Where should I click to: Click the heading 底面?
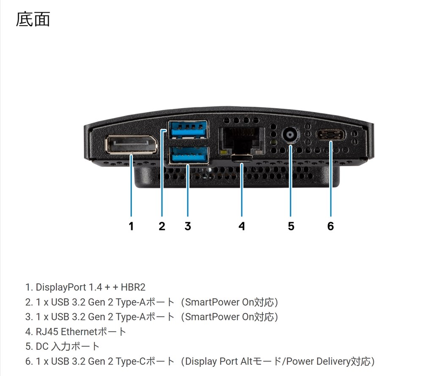click(33, 19)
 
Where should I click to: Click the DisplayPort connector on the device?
click(131, 144)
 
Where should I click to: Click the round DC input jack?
click(290, 136)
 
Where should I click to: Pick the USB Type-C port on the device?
click(331, 135)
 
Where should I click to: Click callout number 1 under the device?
click(131, 226)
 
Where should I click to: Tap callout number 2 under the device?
click(162, 226)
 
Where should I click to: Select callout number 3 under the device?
click(188, 226)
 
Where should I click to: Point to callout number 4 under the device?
click(241, 226)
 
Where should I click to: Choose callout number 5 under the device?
click(291, 226)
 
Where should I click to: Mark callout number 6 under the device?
click(331, 226)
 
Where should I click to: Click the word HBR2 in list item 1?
click(133, 288)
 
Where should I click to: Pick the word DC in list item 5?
click(42, 347)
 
